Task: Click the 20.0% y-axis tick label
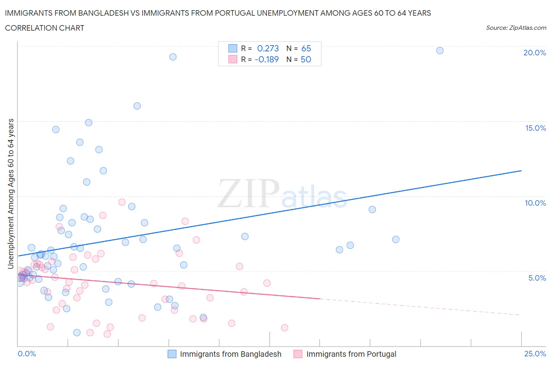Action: coord(535,53)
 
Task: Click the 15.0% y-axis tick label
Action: coord(535,128)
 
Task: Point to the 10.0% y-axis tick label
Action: coord(535,203)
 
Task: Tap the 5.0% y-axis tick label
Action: coord(537,278)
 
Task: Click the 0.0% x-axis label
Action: coord(27,354)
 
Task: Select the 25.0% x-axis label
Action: coord(535,354)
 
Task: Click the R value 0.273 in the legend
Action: coord(268,48)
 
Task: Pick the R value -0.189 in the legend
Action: coord(266,59)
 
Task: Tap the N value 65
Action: coord(306,48)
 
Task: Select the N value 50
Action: coord(306,59)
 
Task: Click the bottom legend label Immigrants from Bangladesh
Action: coord(230,354)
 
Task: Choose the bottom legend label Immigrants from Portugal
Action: coord(351,354)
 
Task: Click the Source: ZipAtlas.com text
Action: coord(516,28)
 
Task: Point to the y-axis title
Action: coord(11,193)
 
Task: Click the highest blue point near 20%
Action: coord(440,51)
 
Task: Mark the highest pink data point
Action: coord(122,202)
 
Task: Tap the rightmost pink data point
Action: coord(285,328)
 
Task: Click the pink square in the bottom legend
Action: coord(298,354)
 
